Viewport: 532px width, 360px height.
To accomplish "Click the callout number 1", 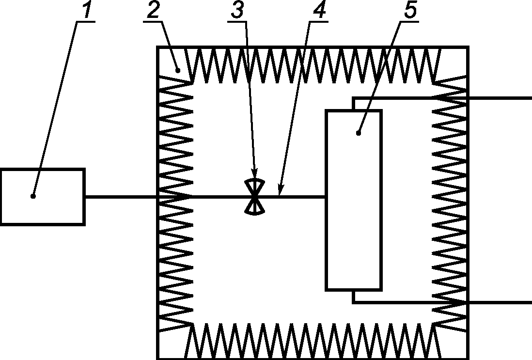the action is click(87, 10).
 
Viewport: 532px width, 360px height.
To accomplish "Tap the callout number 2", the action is click(154, 10).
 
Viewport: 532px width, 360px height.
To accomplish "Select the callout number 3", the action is click(237, 10).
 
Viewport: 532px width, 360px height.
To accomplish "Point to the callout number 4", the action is click(319, 10).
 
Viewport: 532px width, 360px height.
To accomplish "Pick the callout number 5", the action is click(410, 10).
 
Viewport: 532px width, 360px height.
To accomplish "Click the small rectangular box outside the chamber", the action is click(43, 197).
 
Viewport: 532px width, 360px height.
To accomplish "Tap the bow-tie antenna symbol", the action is click(255, 196).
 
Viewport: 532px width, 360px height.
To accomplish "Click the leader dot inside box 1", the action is click(33, 196).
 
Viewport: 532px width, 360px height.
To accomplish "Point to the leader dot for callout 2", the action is click(178, 71).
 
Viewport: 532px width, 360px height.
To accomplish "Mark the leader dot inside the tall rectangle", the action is click(359, 133).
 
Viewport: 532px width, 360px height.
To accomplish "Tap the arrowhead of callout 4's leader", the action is click(280, 190).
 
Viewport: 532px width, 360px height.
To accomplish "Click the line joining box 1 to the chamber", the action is click(121, 196).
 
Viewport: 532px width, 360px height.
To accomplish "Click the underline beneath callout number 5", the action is click(409, 22).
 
